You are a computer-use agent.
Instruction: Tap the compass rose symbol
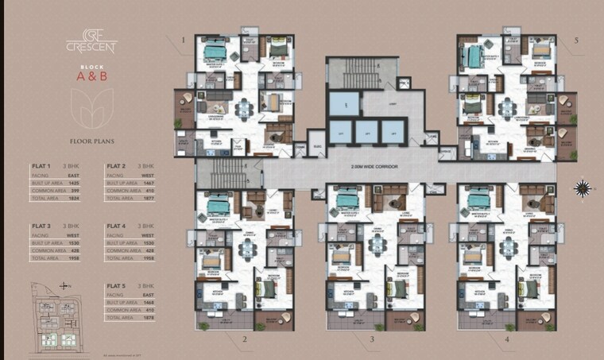(583, 188)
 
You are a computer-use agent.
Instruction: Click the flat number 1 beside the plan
(182, 40)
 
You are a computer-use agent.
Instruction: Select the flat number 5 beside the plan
(577, 40)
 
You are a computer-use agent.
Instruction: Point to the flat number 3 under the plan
(371, 339)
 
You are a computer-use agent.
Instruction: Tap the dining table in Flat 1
(243, 106)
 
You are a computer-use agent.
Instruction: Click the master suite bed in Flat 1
(215, 51)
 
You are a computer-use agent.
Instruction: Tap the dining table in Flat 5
(506, 106)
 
